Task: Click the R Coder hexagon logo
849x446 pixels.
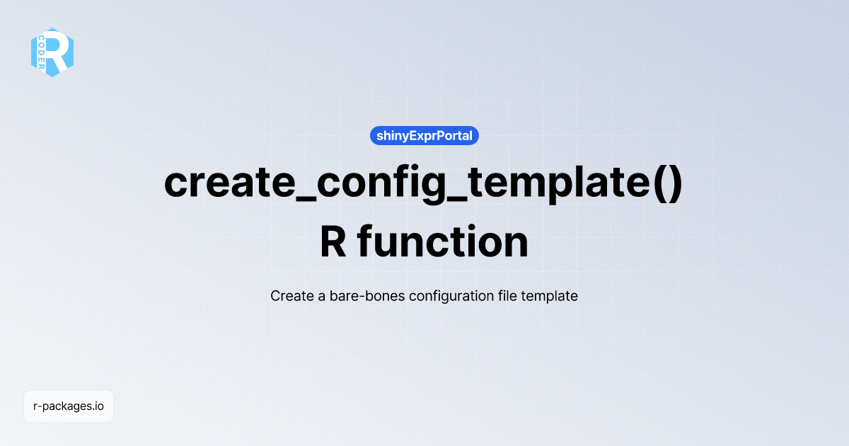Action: (x=52, y=52)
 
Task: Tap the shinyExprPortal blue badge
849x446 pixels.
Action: (x=424, y=135)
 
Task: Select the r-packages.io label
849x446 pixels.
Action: (x=69, y=406)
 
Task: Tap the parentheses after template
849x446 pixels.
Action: (x=666, y=184)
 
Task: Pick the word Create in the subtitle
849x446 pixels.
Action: (x=291, y=296)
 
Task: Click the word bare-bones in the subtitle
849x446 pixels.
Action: (x=362, y=296)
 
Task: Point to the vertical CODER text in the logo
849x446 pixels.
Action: (x=42, y=52)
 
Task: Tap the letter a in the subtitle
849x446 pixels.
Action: (x=321, y=297)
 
